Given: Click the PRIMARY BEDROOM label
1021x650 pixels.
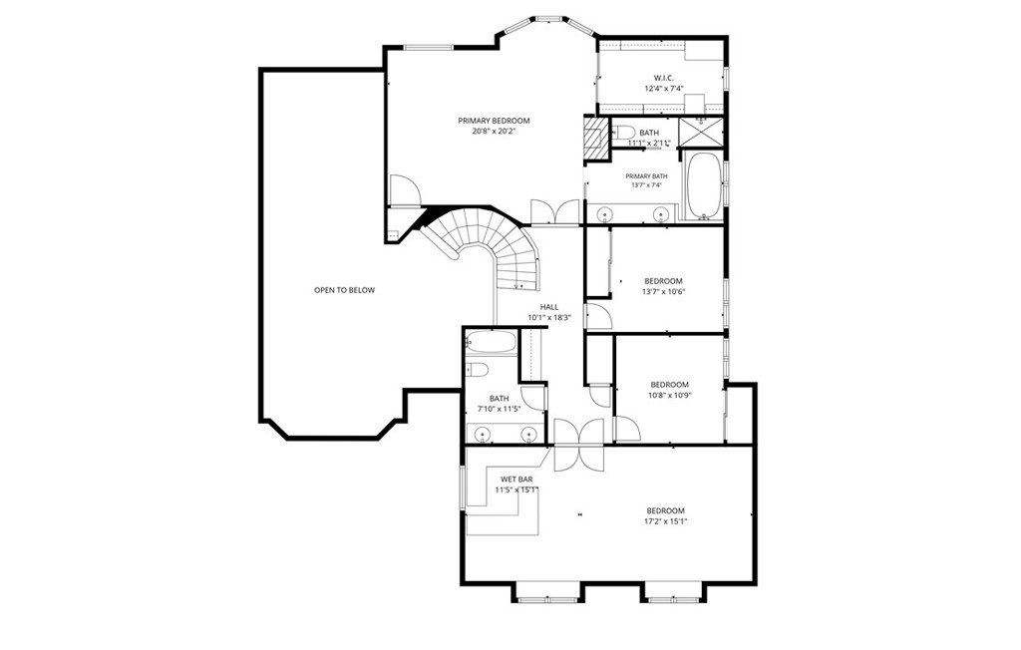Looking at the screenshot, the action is pyautogui.click(x=494, y=121).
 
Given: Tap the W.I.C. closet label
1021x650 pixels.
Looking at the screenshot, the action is pyautogui.click(x=664, y=78).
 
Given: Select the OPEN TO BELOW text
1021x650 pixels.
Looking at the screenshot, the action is pyautogui.click(x=344, y=290).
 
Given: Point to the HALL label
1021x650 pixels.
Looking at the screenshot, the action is pyautogui.click(x=549, y=307).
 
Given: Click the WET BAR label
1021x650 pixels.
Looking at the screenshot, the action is pyautogui.click(x=516, y=480).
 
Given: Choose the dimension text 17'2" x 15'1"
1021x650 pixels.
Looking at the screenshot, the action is pyautogui.click(x=665, y=521).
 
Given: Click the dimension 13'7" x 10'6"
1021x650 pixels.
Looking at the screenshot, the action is pyautogui.click(x=663, y=292).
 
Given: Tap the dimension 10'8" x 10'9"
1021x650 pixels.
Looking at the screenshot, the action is pyautogui.click(x=669, y=395).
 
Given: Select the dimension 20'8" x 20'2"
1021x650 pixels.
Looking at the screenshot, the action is pyautogui.click(x=494, y=131).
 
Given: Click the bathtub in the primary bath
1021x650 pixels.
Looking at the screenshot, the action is pyautogui.click(x=703, y=185).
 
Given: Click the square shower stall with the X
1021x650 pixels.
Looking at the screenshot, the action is pyautogui.click(x=701, y=133).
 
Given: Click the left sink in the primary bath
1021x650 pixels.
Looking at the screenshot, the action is pyautogui.click(x=605, y=213).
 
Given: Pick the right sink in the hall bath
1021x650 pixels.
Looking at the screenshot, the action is pyautogui.click(x=528, y=433).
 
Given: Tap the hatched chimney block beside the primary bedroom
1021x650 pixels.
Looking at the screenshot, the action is pyautogui.click(x=595, y=137).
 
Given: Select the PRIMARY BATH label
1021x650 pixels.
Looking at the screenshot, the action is pyautogui.click(x=646, y=175).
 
